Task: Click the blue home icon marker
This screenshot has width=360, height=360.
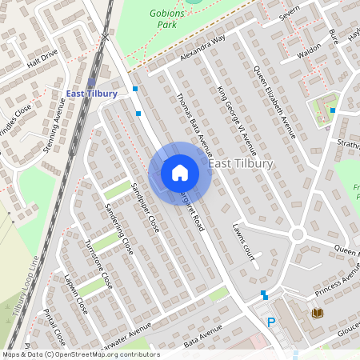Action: click(180, 172)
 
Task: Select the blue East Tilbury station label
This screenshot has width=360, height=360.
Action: click(92, 94)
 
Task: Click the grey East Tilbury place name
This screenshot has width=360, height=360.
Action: click(241, 163)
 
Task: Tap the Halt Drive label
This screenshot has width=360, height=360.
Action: click(42, 58)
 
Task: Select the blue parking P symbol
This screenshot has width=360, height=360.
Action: click(271, 322)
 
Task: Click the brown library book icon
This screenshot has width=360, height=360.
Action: click(317, 312)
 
